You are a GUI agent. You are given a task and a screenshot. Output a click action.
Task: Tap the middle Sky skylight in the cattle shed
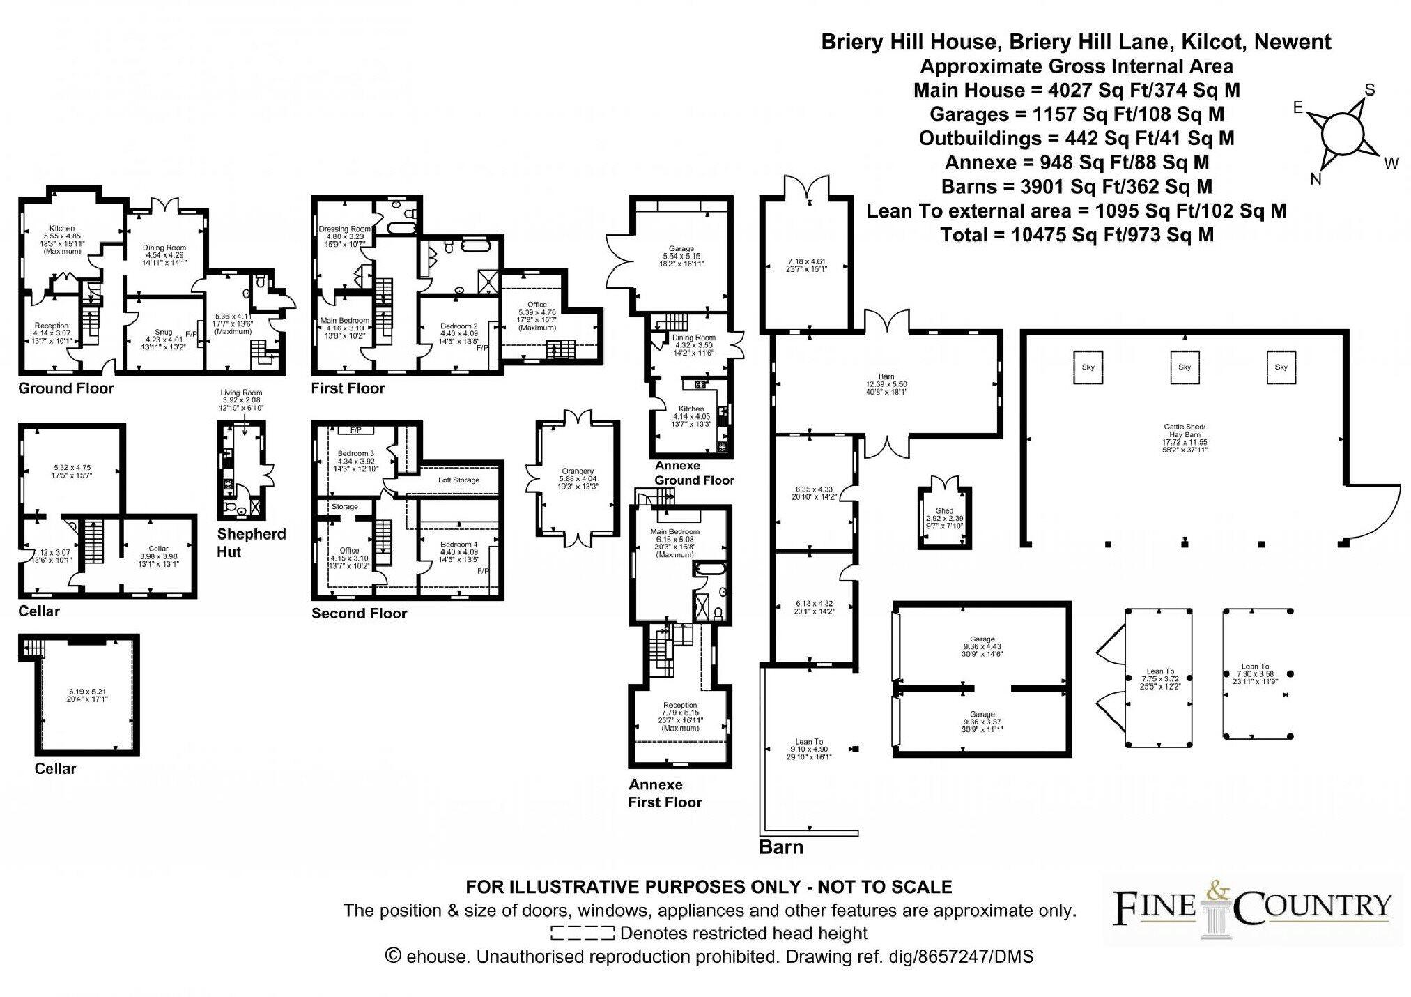1185,367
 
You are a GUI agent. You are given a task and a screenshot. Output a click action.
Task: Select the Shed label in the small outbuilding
944,511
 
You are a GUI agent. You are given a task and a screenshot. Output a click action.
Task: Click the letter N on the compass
1316,179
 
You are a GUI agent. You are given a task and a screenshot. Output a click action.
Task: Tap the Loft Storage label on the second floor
458,480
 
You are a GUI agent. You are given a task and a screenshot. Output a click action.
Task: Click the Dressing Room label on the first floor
344,229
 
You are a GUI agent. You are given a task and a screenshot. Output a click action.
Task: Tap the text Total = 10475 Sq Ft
1077,235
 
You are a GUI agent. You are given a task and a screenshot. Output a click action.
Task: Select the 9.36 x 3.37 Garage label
982,714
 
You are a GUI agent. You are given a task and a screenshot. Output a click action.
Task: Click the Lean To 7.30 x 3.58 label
1255,667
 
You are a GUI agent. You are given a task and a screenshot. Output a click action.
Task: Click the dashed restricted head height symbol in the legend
582,933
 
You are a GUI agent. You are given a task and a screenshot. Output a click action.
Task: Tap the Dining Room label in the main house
164,248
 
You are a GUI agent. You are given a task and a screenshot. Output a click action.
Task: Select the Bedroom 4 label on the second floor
458,545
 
